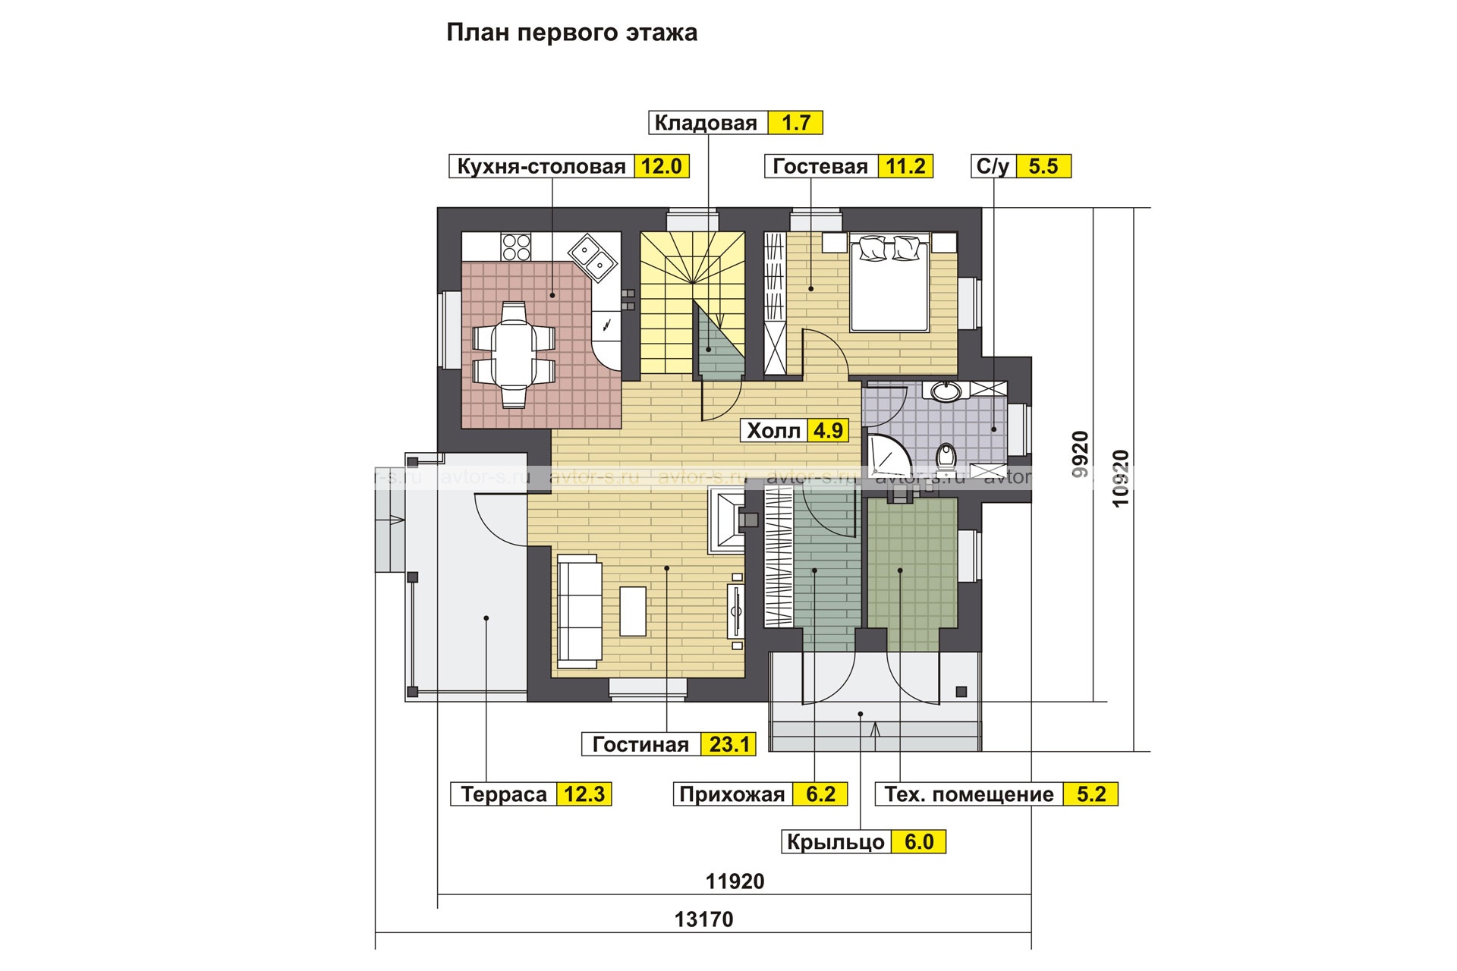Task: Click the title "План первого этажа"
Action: (x=571, y=33)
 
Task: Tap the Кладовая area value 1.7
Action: (x=795, y=123)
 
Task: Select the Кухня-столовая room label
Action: (x=541, y=167)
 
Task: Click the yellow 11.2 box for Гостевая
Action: (x=905, y=167)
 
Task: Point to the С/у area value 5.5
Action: (x=1043, y=167)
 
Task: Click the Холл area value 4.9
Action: (x=828, y=431)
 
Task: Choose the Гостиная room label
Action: (x=640, y=745)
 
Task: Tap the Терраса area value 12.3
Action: (x=584, y=794)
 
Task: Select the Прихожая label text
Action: (x=732, y=794)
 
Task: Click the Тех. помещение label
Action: (x=969, y=794)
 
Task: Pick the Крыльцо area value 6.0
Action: (x=919, y=842)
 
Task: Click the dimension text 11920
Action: (x=735, y=881)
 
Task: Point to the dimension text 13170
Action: (x=703, y=919)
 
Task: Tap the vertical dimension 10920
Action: (x=1121, y=479)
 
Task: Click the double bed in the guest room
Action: (x=890, y=283)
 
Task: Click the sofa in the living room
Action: (x=580, y=608)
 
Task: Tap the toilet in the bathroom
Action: (x=946, y=457)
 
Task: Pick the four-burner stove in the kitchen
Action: (x=516, y=247)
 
